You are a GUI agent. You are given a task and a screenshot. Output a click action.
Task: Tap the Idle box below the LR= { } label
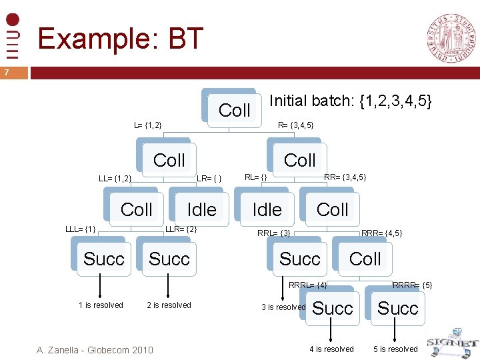pos(201,209)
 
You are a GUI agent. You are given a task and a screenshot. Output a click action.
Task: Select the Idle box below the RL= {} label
pos(267,209)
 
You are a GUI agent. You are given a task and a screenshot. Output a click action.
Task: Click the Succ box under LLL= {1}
pos(103,259)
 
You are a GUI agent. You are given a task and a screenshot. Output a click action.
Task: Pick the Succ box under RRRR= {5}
pos(397,308)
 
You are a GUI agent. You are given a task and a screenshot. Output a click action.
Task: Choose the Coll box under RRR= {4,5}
pos(365,259)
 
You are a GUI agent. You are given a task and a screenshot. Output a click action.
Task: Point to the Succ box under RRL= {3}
pos(299,259)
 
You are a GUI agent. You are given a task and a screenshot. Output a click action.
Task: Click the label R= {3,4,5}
pos(295,125)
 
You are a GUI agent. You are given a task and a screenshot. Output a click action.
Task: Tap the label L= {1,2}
pos(148,125)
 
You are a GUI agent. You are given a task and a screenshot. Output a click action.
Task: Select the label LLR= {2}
pos(181,229)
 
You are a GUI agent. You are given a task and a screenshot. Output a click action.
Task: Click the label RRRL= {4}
pos(307,285)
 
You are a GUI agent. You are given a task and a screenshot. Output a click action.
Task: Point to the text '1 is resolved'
pos(101,305)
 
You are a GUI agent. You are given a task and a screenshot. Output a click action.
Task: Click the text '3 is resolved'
pos(283,307)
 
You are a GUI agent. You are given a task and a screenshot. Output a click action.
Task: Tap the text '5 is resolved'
pos(395,349)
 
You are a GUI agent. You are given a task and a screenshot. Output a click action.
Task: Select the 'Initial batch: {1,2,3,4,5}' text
pos(351,101)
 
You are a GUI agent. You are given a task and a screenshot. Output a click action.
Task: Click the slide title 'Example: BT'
pos(120,39)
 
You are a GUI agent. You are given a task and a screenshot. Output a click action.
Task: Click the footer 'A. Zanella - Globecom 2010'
pos(95,349)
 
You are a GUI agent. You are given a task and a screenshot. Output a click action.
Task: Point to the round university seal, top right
pos(451,38)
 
